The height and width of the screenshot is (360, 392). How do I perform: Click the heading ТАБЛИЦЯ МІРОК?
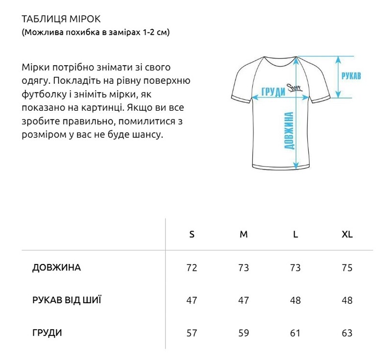pyautogui.click(x=61, y=19)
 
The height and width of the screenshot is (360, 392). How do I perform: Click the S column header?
pyautogui.click(x=192, y=234)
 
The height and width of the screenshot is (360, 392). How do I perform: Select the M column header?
pyautogui.click(x=244, y=234)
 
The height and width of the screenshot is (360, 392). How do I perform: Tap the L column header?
pyautogui.click(x=295, y=234)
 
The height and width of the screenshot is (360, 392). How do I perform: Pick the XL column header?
pyautogui.click(x=347, y=234)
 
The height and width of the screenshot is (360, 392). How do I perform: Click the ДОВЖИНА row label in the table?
pyautogui.click(x=56, y=268)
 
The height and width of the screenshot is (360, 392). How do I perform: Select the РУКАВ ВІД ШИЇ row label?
pyautogui.click(x=67, y=300)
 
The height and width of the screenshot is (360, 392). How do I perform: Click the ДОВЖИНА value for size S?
pyautogui.click(x=192, y=268)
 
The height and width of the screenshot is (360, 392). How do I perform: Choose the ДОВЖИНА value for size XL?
pyautogui.click(x=347, y=268)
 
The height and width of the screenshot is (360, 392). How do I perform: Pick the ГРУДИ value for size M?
pyautogui.click(x=244, y=334)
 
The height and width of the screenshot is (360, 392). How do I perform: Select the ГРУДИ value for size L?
pyautogui.click(x=295, y=334)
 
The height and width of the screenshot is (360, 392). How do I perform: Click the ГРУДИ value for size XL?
pyautogui.click(x=347, y=334)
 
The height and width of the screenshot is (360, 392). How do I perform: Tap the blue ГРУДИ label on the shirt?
pyautogui.click(x=273, y=92)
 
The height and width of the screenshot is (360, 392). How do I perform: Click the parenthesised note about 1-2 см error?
pyautogui.click(x=96, y=33)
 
